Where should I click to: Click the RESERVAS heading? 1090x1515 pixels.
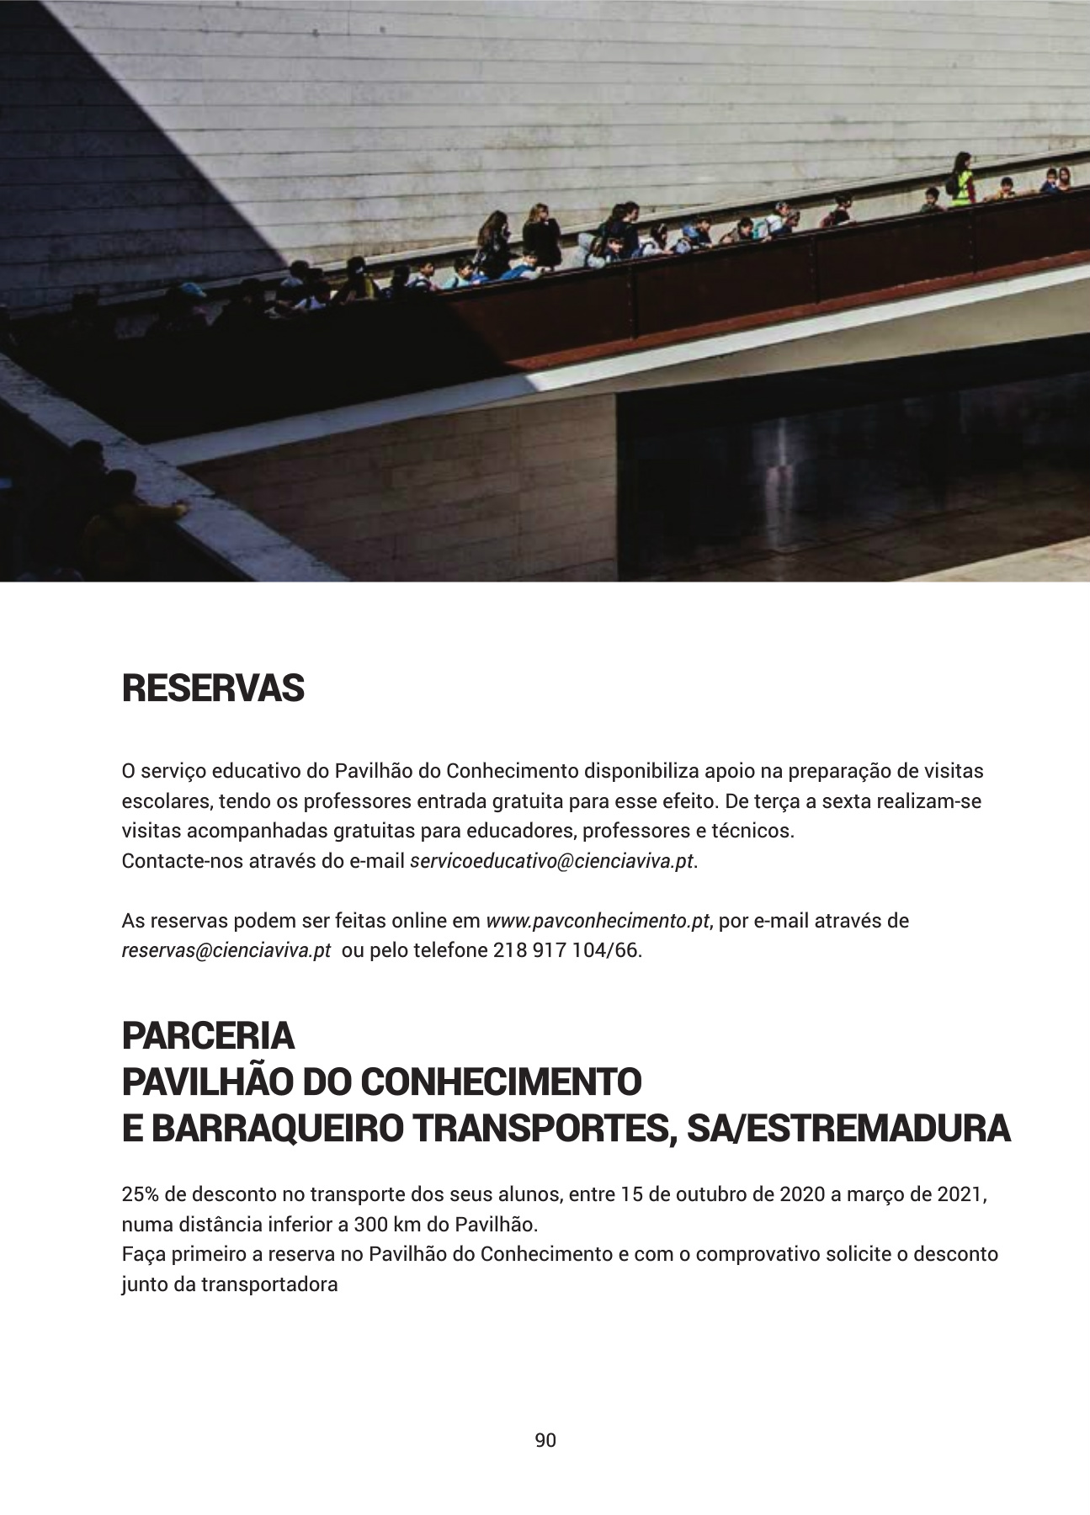[213, 688]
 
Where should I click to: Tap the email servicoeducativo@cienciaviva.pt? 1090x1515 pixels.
[552, 862]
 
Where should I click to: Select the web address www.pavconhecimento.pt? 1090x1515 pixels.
[598, 921]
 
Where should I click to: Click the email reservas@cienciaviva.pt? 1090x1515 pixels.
[226, 951]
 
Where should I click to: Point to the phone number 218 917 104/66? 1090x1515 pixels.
[566, 951]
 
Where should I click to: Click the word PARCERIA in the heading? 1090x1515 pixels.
[208, 1036]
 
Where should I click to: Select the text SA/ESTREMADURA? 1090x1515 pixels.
[848, 1129]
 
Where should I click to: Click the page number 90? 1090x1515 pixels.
[545, 1440]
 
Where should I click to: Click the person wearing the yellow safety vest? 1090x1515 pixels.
[962, 181]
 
